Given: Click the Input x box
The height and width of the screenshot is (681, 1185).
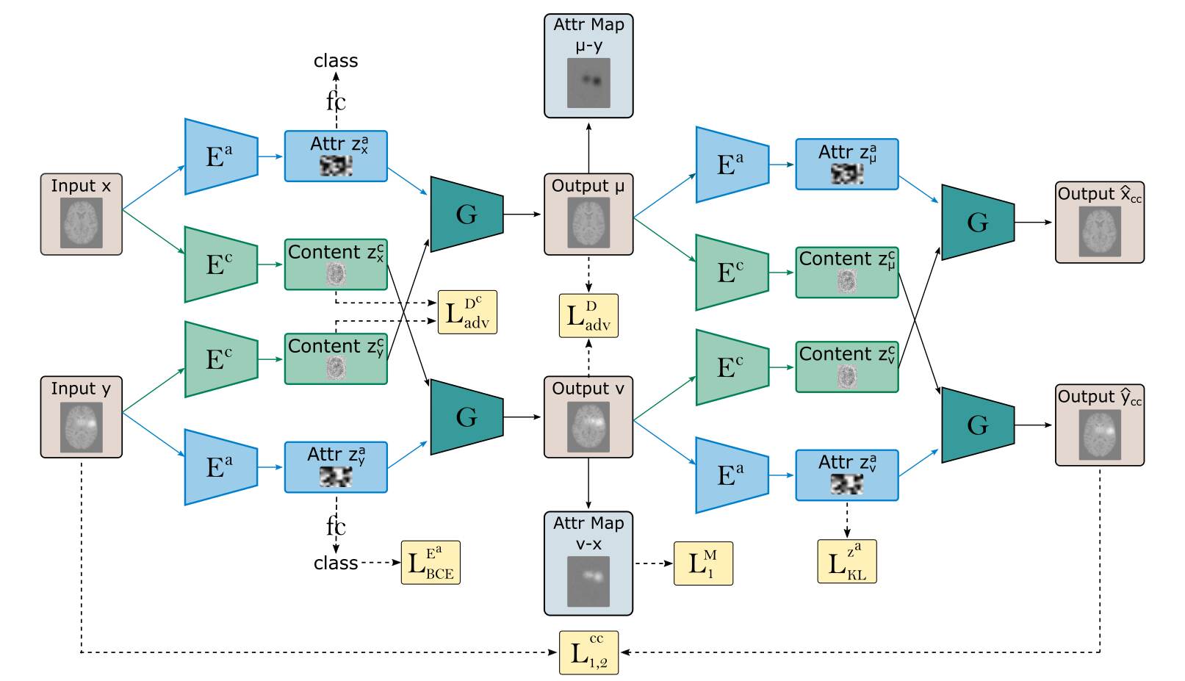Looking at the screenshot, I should (81, 215).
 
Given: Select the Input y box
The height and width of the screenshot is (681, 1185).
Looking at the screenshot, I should (81, 417).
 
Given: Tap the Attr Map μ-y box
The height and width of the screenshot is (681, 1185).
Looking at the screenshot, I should (588, 66).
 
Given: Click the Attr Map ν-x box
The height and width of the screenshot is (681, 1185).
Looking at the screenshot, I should (588, 563).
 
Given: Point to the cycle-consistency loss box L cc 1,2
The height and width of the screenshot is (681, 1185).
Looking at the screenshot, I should (588, 652).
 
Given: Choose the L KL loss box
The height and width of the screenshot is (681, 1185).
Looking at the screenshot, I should (846, 562).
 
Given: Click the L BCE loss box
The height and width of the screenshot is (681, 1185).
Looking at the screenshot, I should (431, 563).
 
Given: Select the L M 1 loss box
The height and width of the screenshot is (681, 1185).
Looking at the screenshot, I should (703, 563).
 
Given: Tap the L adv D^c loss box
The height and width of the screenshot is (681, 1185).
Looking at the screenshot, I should (467, 312).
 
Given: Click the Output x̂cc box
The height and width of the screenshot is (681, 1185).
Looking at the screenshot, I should (1099, 223).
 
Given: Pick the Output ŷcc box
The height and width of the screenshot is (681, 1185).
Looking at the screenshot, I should (1099, 425).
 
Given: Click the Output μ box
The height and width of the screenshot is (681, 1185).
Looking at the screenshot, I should (588, 215).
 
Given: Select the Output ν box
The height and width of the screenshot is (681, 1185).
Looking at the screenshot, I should (588, 417).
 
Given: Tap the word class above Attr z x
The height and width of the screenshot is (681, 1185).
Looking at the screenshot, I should (336, 61).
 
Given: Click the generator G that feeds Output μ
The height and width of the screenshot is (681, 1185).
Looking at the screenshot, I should (467, 215).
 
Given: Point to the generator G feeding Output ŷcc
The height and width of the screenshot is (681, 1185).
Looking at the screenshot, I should (977, 425).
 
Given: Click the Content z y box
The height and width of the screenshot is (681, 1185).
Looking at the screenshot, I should (336, 358).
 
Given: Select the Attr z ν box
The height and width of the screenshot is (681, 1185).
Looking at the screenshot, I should (846, 475).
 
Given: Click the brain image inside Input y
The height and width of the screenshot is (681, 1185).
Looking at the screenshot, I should (81, 428).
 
